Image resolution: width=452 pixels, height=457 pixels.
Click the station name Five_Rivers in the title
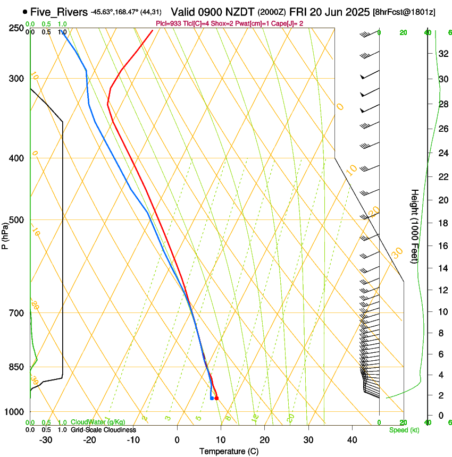pyautogui.click(x=59, y=11)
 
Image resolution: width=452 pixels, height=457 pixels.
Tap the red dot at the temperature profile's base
pyautogui.click(x=216, y=398)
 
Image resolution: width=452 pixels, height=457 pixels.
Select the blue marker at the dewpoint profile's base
pyautogui.click(x=212, y=398)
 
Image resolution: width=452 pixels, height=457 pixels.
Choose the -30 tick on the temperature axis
pyautogui.click(x=46, y=440)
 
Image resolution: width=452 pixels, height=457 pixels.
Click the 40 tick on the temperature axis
pyautogui.click(x=351, y=440)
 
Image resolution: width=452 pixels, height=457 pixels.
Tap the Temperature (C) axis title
pyautogui.click(x=229, y=451)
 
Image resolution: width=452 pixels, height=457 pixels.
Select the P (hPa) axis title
pyautogui.click(x=5, y=235)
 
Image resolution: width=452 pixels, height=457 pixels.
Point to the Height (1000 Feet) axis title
pyautogui.click(x=415, y=226)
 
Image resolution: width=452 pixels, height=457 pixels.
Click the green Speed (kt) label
pyautogui.click(x=404, y=430)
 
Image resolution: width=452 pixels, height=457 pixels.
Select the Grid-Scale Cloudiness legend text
pyautogui.click(x=103, y=430)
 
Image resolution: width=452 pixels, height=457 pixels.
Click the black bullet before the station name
pyautogui.click(x=25, y=11)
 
